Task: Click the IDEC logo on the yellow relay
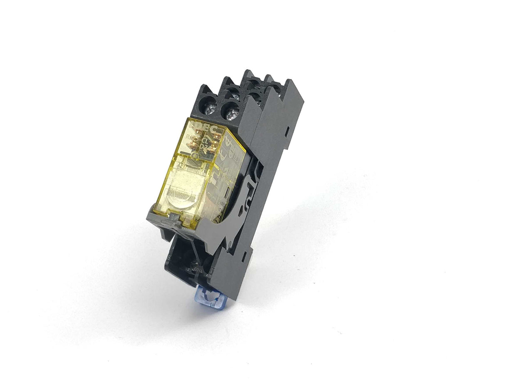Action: point(204,126)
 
